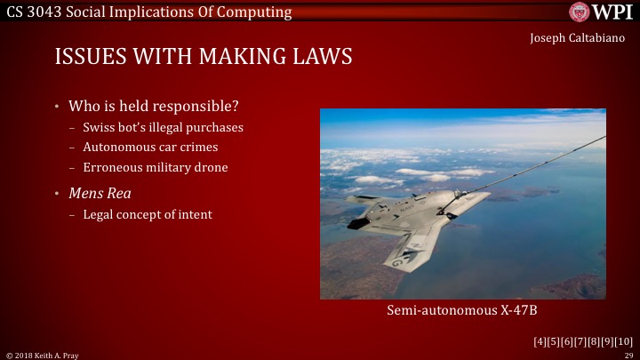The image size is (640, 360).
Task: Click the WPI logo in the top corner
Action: coord(602,12)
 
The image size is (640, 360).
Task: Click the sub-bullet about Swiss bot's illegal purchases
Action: coord(163,127)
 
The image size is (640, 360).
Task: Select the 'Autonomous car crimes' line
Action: coord(150,147)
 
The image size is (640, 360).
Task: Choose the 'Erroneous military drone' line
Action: coord(156,167)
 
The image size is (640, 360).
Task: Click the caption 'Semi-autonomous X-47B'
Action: coord(462,310)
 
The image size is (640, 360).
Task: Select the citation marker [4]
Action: coord(540,341)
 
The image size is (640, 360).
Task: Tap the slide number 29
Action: coord(627,355)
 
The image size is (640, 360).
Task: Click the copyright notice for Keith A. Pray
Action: coord(42,355)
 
